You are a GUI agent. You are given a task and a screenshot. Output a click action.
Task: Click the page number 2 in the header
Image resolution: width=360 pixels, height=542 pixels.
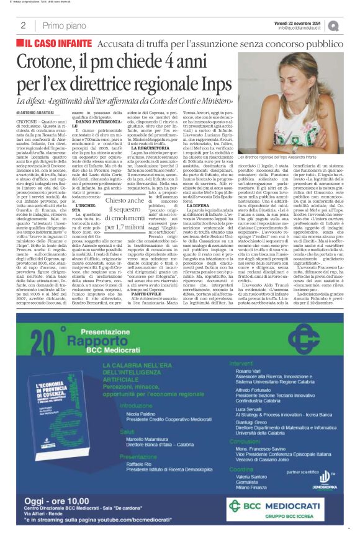pos(23,25)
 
